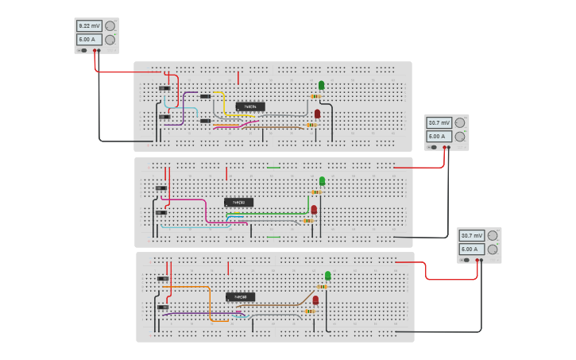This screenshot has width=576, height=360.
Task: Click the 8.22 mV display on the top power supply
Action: [89, 26]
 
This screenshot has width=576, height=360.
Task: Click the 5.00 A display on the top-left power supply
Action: [89, 39]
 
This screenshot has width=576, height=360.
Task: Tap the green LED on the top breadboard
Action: [321, 85]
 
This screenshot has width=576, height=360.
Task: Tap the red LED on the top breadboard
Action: [317, 114]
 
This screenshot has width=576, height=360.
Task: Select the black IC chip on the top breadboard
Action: [250, 106]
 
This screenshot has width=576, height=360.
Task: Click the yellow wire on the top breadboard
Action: [222, 103]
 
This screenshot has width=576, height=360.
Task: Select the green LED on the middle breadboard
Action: [322, 180]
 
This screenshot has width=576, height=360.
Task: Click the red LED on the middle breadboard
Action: [314, 210]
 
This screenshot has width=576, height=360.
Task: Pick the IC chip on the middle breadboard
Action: [238, 202]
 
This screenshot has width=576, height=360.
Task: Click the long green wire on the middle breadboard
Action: [270, 213]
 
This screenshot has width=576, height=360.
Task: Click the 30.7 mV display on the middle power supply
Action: [439, 123]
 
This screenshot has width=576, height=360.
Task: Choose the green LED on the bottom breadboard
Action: [327, 276]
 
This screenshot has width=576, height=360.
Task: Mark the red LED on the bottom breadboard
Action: [315, 300]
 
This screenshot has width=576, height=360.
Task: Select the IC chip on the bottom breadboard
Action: [240, 297]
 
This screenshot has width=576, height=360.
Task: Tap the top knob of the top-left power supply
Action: [110, 26]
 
